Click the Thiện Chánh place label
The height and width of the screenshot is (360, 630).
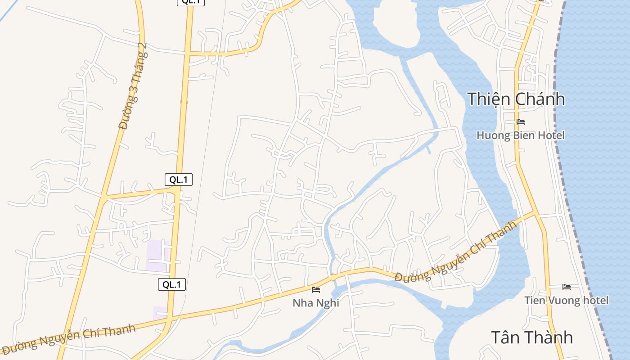[x=516, y=99]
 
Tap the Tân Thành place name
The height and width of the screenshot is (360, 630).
[x=531, y=337]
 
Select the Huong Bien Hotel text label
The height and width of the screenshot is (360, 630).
[x=520, y=135]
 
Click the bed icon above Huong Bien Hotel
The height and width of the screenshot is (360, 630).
[x=521, y=122]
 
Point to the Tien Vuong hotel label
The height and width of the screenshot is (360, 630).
[x=566, y=300]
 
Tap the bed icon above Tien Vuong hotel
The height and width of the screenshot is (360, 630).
[x=566, y=287]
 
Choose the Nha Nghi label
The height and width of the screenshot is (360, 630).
[x=315, y=303]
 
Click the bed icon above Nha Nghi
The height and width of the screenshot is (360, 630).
[x=316, y=290]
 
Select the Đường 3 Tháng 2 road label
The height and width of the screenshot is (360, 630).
[x=133, y=86]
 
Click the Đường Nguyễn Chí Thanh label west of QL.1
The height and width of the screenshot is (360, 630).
[x=68, y=339]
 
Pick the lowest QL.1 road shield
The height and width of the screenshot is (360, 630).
[x=172, y=284]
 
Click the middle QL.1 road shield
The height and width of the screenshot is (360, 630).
[x=179, y=180]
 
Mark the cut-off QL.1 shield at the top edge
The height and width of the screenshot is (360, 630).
[x=191, y=2]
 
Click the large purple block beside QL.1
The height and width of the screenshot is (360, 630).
[x=157, y=256]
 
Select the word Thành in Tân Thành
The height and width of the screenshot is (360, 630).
[x=552, y=337]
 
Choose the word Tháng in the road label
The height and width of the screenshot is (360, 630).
[x=137, y=72]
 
